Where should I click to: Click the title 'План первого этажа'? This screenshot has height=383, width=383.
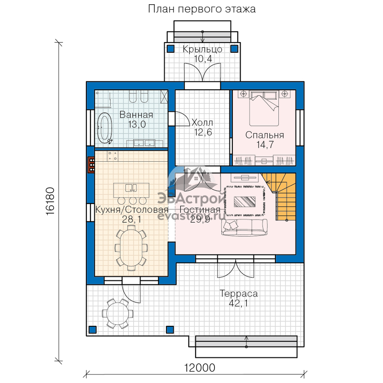coord(202,9)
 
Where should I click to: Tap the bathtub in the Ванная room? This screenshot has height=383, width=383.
coord(105,129)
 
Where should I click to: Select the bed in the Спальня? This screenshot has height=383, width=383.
coord(264,108)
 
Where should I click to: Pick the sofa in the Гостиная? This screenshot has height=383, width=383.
coord(244,227)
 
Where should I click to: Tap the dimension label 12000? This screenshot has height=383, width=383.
coord(199,368)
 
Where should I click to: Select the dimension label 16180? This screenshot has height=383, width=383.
coord(50,201)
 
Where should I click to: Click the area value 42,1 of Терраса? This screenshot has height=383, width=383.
coord(238,303)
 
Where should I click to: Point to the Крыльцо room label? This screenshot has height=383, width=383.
coord(203,49)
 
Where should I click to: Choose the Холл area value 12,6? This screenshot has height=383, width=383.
coord(203,132)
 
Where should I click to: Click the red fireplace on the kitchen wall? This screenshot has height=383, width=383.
coord(91,165)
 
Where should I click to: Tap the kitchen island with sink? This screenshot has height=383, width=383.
coord(131,190)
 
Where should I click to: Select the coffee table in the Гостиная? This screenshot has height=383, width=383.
coord(245,202)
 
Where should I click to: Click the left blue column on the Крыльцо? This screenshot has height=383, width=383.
coord(171,49)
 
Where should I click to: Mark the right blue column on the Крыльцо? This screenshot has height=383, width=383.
coord(234,49)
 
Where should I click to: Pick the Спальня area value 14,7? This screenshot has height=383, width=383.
coord(265,145)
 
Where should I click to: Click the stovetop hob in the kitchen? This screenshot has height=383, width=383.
coord(112,156)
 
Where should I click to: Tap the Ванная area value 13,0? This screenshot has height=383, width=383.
coord(137,124)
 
